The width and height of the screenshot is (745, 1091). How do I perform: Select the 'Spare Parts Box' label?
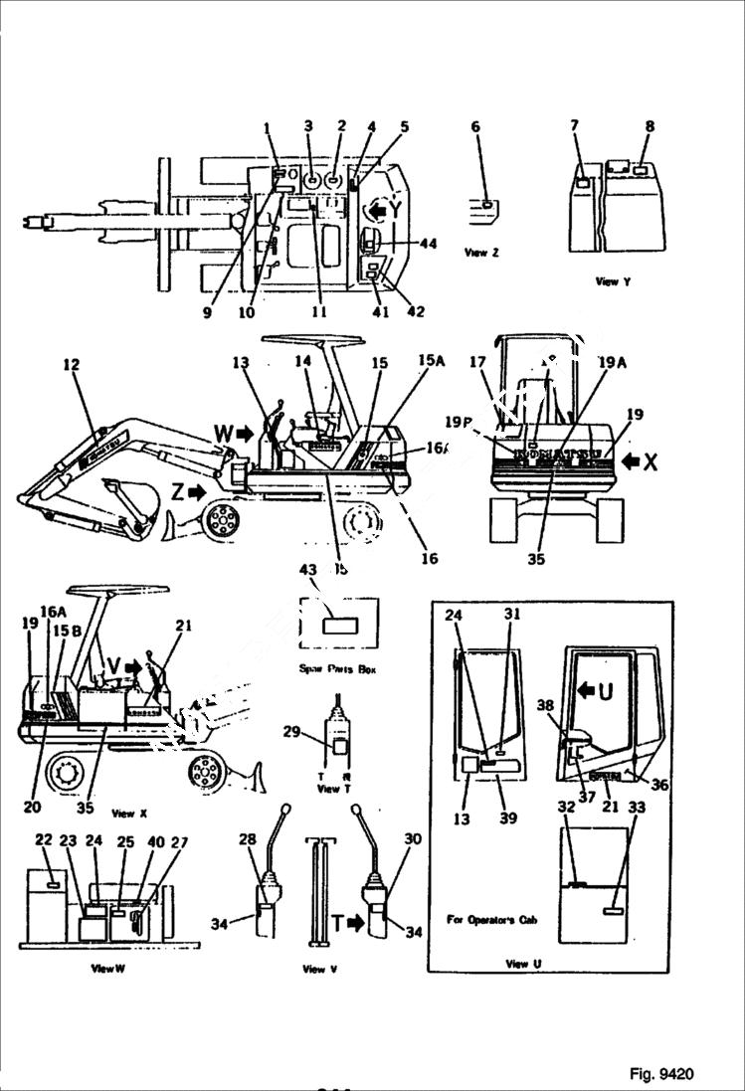click(337, 669)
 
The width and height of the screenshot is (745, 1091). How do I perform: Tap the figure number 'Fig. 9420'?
click(661, 1074)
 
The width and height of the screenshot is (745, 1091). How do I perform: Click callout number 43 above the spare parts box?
click(308, 569)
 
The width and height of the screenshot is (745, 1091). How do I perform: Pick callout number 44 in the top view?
click(429, 244)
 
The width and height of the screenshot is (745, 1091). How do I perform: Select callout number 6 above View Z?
click(474, 126)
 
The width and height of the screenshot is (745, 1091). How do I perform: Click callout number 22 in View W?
click(43, 839)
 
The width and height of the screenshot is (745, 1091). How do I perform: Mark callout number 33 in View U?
click(638, 809)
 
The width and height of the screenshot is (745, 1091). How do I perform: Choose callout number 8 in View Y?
click(650, 126)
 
